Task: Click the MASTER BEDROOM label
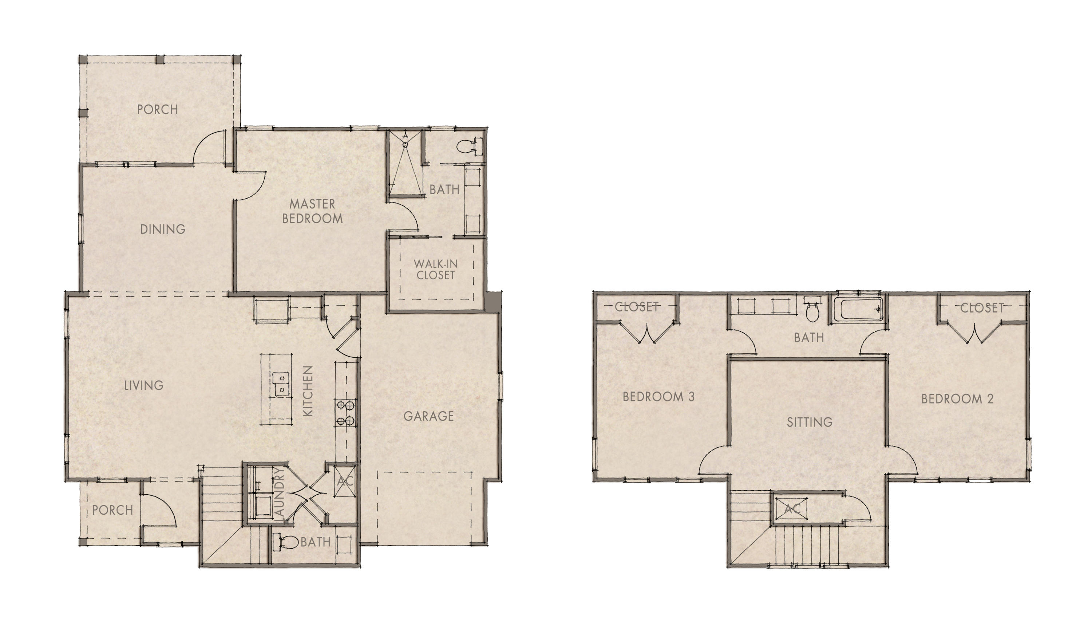click(x=312, y=211)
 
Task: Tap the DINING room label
click(x=163, y=229)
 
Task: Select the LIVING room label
click(x=144, y=385)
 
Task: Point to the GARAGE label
click(x=428, y=416)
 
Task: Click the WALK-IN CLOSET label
click(x=436, y=270)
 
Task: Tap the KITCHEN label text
click(x=308, y=390)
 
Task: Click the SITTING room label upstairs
click(x=810, y=422)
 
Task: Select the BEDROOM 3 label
click(x=658, y=397)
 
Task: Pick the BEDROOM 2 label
click(x=957, y=398)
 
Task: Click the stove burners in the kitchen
click(x=345, y=413)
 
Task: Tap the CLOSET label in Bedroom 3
click(x=636, y=307)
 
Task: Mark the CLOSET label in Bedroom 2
click(x=982, y=308)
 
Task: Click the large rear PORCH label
click(x=157, y=109)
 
